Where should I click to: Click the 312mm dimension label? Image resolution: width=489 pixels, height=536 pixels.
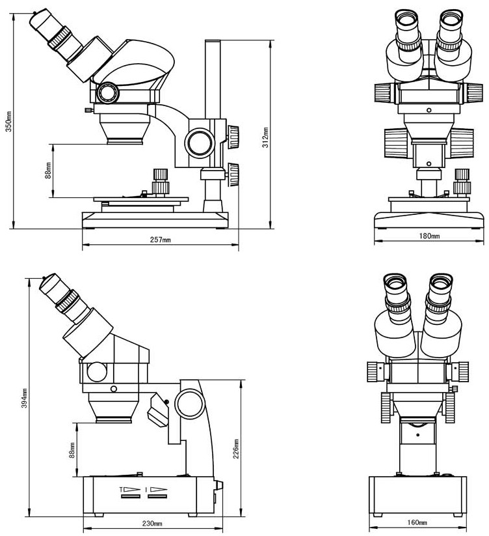click(265, 137)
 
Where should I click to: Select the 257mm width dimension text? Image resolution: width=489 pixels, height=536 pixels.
click(161, 240)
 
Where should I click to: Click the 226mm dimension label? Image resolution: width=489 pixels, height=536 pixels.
click(237, 449)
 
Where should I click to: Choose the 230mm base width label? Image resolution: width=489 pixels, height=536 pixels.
click(153, 524)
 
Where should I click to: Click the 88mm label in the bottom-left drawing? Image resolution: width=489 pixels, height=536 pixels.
click(72, 451)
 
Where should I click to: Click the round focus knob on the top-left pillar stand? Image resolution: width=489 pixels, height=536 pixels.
click(200, 141)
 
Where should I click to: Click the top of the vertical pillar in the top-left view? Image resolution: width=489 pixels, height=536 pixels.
click(213, 42)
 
